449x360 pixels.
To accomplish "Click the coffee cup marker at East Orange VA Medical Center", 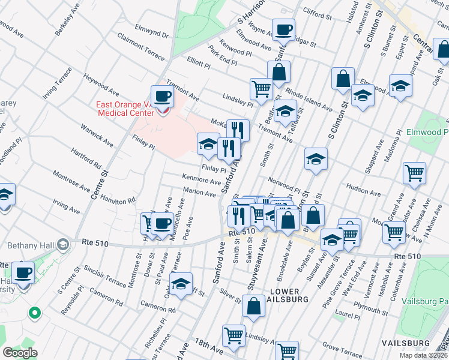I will tap(162, 97).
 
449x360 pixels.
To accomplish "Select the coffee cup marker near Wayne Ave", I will tap(283, 29).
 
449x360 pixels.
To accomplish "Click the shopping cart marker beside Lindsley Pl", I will tap(262, 89).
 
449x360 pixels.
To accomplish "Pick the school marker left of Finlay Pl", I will tap(208, 143).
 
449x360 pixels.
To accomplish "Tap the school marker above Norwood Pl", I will tap(316, 159).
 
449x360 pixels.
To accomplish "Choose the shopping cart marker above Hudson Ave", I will tap(414, 173).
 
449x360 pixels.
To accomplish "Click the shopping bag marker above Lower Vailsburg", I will tap(255, 305).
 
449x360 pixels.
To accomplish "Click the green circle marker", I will tap(35, 313).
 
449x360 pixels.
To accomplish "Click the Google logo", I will tap(20, 353).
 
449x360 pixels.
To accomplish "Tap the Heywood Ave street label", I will tap(100, 86).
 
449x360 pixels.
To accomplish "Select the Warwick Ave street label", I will tap(97, 135).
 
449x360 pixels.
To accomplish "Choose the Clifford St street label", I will tap(318, 14).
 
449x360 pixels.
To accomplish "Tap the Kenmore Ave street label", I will tap(202, 180).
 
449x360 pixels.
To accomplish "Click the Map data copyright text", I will tap(423, 355).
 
